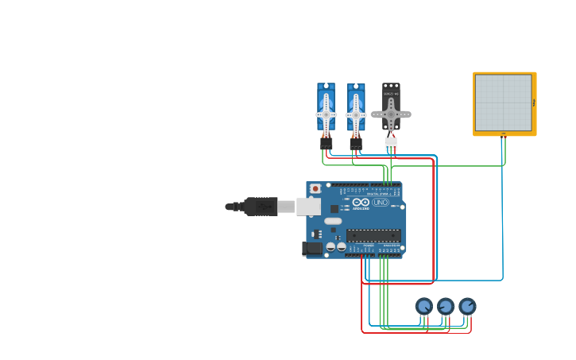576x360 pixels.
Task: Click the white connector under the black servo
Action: tap(390, 143)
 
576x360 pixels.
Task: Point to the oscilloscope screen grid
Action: tap(503, 103)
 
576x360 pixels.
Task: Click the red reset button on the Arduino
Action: tap(315, 189)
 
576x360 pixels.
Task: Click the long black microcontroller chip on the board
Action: tap(373, 235)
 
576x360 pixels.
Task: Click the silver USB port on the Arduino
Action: tap(308, 207)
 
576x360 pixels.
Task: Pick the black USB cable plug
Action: tap(261, 207)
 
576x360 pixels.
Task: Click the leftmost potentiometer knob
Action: tap(424, 306)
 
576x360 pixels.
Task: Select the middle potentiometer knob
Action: tap(446, 306)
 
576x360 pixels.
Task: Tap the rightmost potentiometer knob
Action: tap(467, 306)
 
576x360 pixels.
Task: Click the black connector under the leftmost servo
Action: tap(326, 143)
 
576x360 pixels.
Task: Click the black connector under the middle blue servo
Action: tap(355, 143)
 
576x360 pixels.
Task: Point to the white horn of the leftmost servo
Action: tap(326, 114)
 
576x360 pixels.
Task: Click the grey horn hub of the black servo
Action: tap(391, 114)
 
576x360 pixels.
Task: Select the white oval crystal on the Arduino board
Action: tap(333, 221)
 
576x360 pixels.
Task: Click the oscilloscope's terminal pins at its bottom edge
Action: tap(504, 136)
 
